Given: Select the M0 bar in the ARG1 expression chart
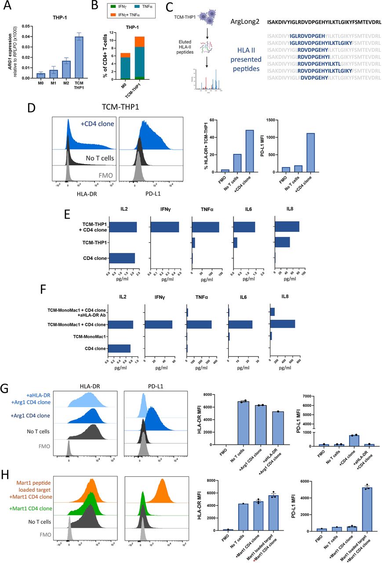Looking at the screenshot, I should [40, 76].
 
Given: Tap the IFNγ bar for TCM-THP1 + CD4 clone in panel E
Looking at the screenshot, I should [164, 227].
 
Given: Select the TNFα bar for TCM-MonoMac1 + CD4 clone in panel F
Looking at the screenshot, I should [199, 325].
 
